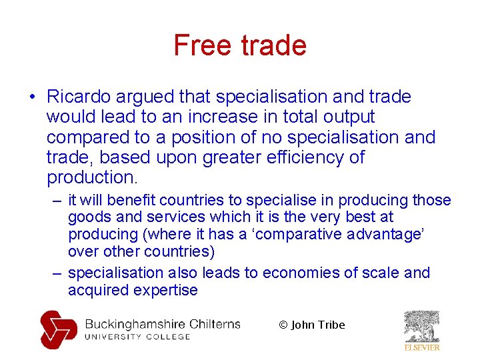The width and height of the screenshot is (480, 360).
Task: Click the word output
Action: [347, 117]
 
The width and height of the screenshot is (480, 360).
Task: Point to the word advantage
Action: [391, 234]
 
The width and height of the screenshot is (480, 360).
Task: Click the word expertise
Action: [166, 290]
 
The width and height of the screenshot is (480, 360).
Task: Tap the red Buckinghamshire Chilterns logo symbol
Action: [58, 329]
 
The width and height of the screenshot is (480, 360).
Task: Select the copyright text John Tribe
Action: [318, 325]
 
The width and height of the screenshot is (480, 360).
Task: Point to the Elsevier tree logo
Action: [422, 326]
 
